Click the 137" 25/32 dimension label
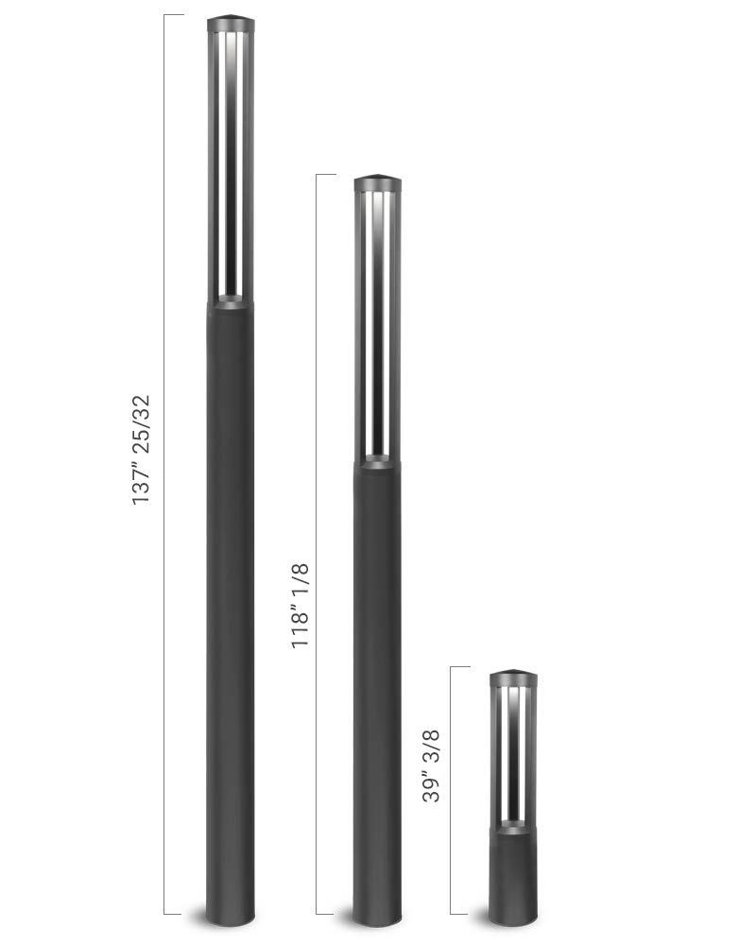tap(142, 449)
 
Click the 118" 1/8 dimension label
tap(301, 605)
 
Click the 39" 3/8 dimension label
tap(432, 766)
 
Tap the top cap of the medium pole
tap(377, 182)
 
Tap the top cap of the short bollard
tap(513, 678)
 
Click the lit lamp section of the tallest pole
tap(231, 161)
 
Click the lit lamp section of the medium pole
tap(377, 321)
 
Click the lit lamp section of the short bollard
tap(513, 751)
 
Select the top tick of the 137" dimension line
tap(174, 15)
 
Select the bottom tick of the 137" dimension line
tap(174, 914)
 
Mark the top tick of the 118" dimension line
tap(326, 175)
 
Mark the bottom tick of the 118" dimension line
tap(326, 914)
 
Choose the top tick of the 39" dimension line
tap(460, 667)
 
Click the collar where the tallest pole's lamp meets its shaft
tap(231, 302)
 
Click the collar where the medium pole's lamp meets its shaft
tap(377, 462)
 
